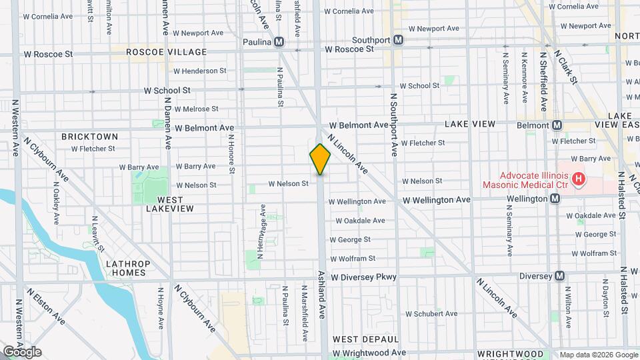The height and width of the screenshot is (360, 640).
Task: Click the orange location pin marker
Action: (320, 159)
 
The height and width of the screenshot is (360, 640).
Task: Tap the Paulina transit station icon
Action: (279, 42)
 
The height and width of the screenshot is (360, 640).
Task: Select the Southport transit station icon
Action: (398, 40)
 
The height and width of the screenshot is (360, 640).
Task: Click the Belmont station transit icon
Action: (555, 125)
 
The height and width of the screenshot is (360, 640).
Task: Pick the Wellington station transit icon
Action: (555, 199)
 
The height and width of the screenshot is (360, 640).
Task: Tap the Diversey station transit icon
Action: (560, 276)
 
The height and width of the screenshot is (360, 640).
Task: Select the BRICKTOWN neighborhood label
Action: (89, 136)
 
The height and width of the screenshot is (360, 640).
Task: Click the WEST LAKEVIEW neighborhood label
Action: (170, 204)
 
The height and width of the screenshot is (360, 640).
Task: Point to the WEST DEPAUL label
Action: (365, 339)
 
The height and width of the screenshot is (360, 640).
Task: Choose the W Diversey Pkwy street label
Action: (363, 277)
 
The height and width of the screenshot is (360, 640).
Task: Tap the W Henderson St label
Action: (199, 71)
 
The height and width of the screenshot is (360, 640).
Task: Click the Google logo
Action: (22, 351)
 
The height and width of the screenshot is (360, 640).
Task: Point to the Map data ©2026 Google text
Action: (598, 354)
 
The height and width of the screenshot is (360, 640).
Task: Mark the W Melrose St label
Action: (196, 109)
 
